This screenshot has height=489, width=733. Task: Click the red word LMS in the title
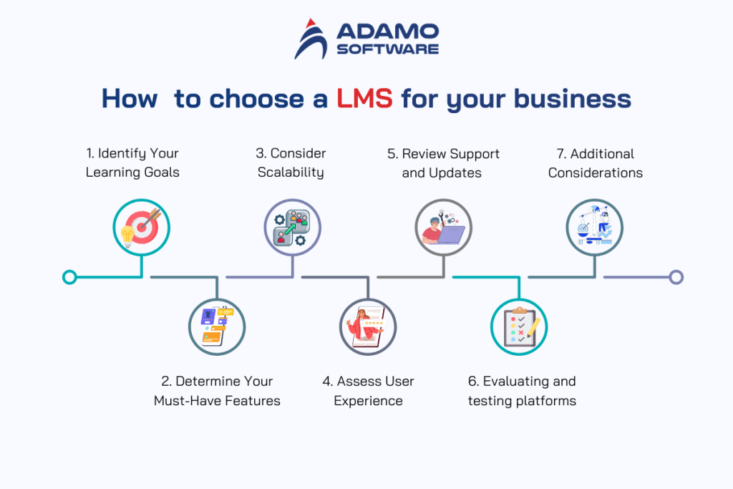(364, 98)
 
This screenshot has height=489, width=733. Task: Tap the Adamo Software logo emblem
(311, 39)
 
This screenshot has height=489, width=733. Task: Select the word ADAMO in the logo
(387, 32)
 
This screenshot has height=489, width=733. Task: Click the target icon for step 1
(142, 228)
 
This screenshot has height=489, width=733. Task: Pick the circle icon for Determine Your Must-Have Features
(217, 326)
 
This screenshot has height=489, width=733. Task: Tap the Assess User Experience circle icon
(368, 326)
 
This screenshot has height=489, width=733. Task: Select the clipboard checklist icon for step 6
(519, 326)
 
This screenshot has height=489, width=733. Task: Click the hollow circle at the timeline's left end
(69, 277)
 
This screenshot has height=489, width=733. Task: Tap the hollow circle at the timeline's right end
(676, 277)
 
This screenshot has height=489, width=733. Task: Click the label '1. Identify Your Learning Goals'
(132, 163)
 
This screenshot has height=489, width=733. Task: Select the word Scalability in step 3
(291, 173)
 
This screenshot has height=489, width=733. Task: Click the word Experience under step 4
(368, 400)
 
